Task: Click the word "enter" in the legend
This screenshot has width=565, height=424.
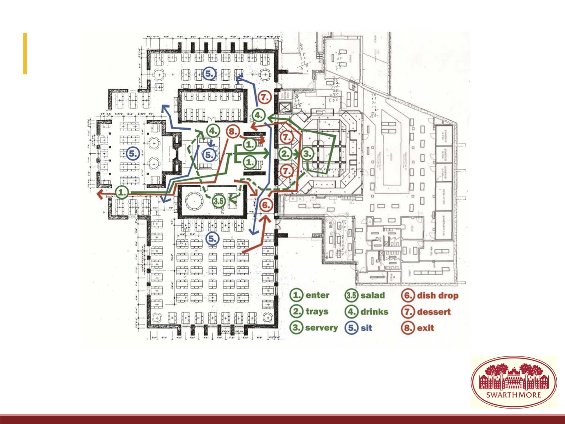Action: click(317, 295)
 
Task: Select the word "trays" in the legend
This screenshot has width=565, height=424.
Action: click(317, 311)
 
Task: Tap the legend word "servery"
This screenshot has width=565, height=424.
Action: click(321, 328)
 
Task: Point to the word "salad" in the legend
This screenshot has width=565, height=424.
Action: click(373, 295)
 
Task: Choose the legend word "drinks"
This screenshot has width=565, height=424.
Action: click(374, 312)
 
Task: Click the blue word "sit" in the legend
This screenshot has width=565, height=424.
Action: click(366, 328)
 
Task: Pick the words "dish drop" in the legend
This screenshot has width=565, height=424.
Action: click(438, 295)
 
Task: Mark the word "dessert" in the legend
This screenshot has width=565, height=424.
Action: click(434, 312)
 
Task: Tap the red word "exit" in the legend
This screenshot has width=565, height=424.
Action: click(426, 328)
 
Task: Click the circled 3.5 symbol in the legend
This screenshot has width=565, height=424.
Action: click(351, 295)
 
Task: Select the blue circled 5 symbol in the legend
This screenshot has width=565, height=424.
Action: click(351, 328)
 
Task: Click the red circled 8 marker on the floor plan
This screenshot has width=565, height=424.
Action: click(233, 132)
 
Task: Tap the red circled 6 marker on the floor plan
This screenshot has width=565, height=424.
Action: click(266, 205)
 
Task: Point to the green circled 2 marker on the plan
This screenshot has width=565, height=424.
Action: click(286, 154)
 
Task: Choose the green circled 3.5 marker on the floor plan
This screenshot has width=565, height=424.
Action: click(219, 201)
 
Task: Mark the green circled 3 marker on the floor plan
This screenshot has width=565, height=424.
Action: click(307, 154)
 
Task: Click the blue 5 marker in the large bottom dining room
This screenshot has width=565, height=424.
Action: click(212, 239)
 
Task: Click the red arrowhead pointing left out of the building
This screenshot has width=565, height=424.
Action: click(100, 194)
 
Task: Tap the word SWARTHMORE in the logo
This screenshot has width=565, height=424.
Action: click(513, 395)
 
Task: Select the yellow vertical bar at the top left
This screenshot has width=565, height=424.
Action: click(25, 54)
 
